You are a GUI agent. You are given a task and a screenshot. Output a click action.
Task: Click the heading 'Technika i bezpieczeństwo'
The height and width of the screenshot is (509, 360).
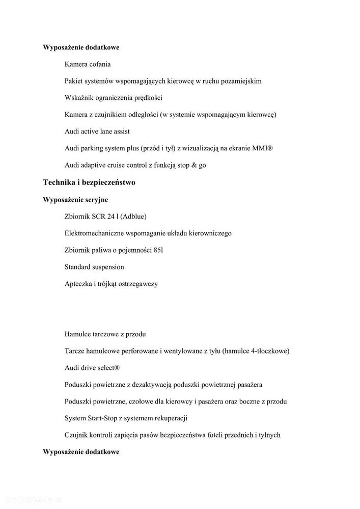[89, 182]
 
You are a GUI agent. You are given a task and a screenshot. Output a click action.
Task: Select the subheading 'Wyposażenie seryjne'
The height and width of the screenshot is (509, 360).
[75, 200]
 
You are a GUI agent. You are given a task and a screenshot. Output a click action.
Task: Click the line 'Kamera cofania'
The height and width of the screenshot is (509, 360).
[88, 64]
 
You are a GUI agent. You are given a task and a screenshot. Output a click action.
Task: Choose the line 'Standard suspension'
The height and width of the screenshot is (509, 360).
[94, 267]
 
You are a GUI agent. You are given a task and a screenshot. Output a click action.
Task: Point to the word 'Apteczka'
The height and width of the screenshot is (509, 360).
[78, 284]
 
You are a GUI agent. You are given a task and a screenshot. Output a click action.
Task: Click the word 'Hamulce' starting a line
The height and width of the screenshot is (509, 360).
[78, 334]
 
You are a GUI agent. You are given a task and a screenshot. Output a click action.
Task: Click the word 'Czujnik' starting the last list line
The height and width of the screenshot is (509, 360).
[77, 435]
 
